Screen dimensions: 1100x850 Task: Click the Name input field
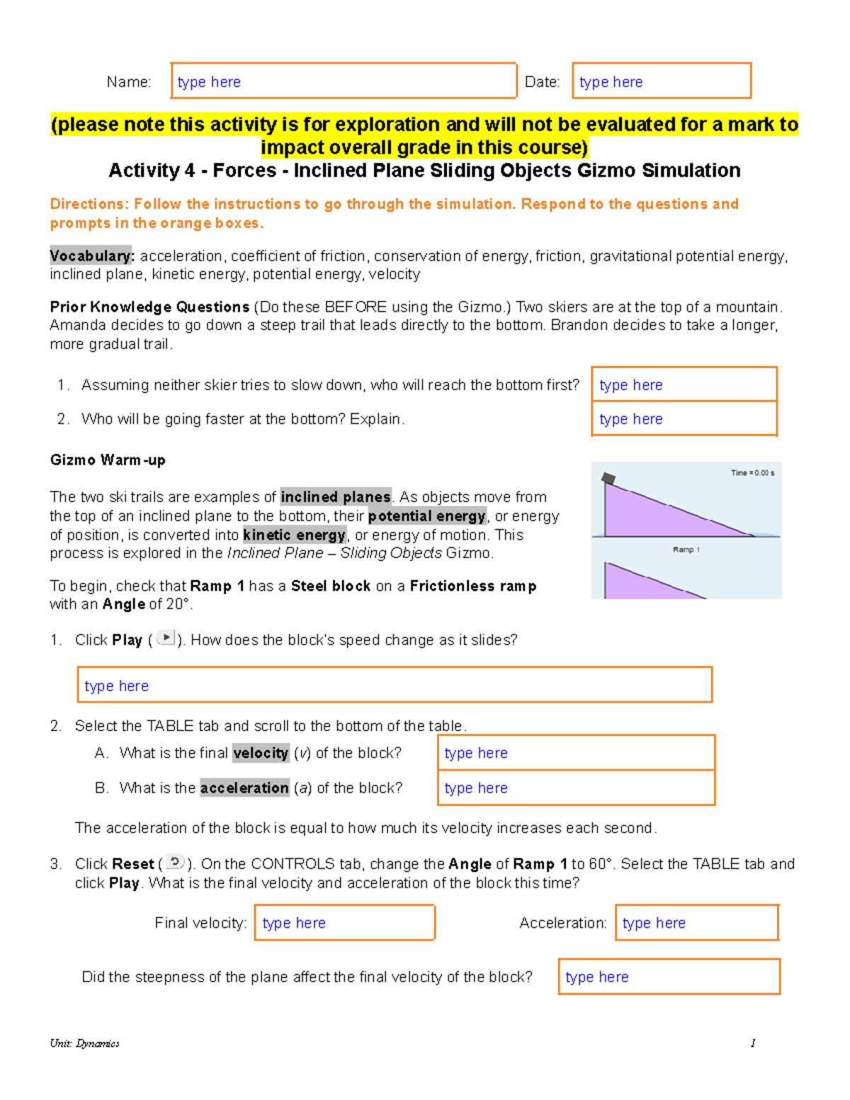[x=344, y=81]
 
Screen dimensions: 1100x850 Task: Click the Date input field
[x=661, y=81]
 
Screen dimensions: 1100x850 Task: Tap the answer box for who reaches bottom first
[x=684, y=385]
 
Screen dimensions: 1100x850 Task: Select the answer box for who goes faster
[x=684, y=419]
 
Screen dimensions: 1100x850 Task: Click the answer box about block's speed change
[x=394, y=685]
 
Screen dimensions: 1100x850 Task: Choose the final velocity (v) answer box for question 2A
[x=576, y=753]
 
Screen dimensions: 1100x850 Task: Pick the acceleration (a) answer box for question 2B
[x=576, y=788]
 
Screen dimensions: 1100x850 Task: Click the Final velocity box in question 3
[x=344, y=922]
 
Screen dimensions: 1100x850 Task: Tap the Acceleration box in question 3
[x=696, y=922]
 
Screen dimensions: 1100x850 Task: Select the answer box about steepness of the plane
[x=669, y=977]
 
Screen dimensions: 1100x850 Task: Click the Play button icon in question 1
[x=165, y=638]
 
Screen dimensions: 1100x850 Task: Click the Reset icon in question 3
[x=175, y=862]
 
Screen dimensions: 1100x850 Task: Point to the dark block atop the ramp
[x=608, y=480]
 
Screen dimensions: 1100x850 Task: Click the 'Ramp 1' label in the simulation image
[x=686, y=550]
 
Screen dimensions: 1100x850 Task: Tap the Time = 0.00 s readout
[x=752, y=472]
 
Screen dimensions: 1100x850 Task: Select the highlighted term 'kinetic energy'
[x=294, y=535]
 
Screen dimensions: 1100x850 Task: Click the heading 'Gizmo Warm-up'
[x=108, y=460]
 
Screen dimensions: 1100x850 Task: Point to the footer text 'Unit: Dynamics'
[x=84, y=1043]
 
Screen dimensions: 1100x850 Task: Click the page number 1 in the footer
[x=752, y=1043]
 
